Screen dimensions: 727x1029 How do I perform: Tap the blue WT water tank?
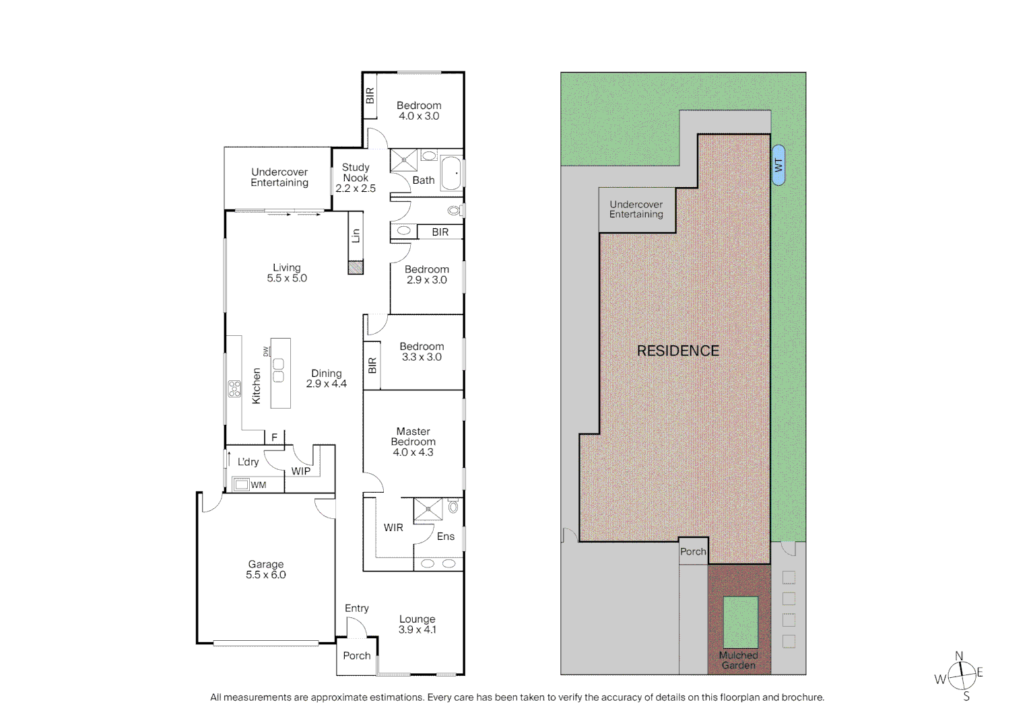[778, 165]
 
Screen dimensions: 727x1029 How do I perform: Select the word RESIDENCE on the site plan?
[677, 351]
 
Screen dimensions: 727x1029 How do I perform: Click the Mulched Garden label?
[738, 660]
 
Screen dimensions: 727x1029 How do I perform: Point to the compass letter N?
[959, 656]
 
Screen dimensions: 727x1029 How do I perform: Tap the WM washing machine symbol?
[242, 484]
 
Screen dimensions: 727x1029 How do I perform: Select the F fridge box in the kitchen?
[274, 438]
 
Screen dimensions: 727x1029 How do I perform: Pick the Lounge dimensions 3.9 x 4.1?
[417, 630]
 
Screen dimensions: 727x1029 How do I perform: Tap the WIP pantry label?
[301, 471]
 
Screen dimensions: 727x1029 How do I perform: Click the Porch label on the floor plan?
[356, 656]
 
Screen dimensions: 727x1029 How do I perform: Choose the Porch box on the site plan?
[693, 551]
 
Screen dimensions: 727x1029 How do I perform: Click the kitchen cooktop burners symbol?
[234, 388]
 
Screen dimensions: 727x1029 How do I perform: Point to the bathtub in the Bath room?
[451, 173]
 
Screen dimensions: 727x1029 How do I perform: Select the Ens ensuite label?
[445, 536]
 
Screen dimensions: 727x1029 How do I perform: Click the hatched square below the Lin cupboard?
[355, 267]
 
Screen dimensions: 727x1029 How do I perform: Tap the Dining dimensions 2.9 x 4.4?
[326, 384]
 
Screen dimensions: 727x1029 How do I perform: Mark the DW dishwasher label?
[266, 351]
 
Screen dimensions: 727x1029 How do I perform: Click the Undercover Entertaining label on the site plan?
[636, 209]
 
